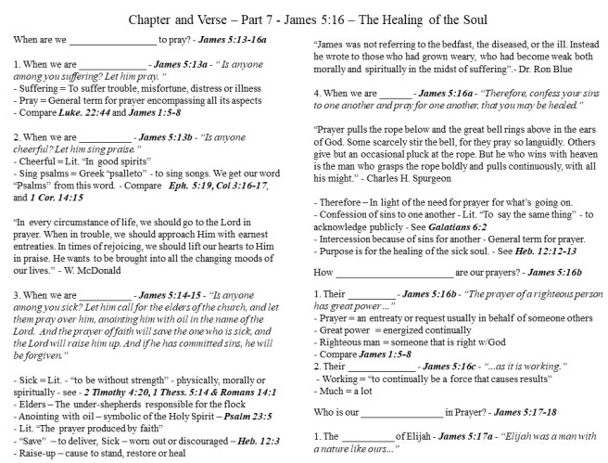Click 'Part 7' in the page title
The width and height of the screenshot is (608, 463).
coord(251,19)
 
